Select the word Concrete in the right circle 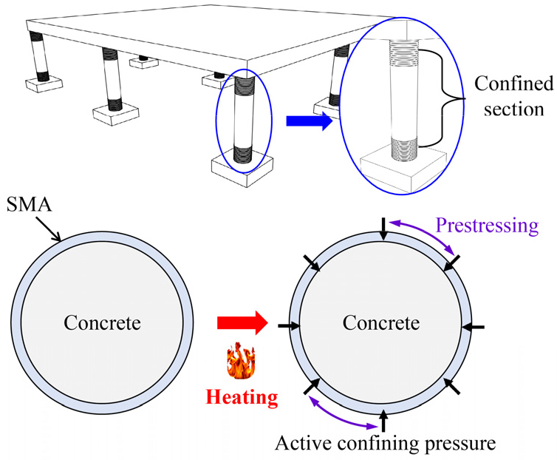(x=381, y=323)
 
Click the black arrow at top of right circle (x=383, y=229)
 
